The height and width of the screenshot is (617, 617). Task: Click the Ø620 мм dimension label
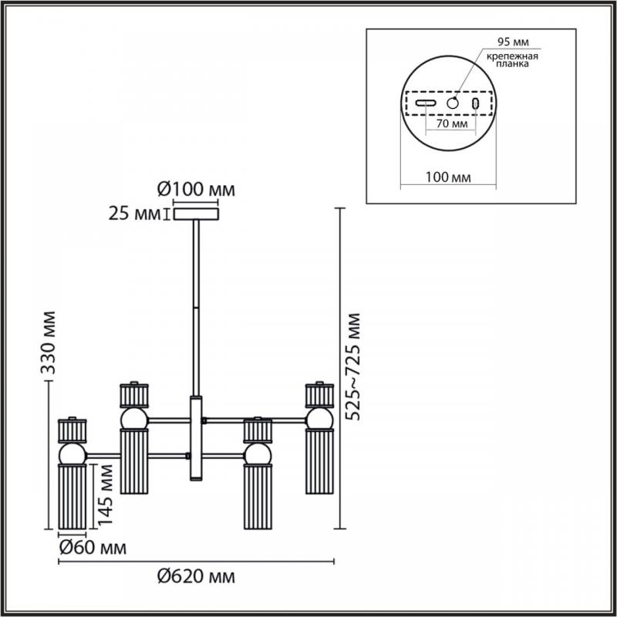[x=196, y=577]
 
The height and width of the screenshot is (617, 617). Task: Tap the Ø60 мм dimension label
[x=93, y=548]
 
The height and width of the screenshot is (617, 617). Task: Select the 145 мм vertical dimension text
[x=105, y=494]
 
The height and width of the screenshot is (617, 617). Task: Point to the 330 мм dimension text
[x=49, y=342]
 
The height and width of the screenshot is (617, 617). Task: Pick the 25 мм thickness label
[x=134, y=214]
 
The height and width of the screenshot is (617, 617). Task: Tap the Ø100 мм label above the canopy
[x=196, y=190]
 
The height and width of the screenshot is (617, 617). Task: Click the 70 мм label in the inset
[x=452, y=123]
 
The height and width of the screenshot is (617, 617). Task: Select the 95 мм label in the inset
[x=513, y=42]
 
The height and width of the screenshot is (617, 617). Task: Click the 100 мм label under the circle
[x=448, y=177]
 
